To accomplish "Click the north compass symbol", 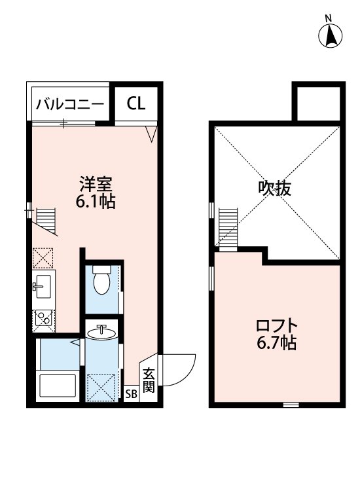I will [x=331, y=35].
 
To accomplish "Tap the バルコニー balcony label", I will [x=70, y=103].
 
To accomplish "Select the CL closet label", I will [x=136, y=103].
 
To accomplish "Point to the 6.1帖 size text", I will [x=94, y=201].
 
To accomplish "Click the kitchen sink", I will [x=43, y=285].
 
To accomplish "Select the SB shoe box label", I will [x=131, y=394].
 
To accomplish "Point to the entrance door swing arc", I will [x=181, y=371].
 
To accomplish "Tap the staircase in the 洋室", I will [x=46, y=220].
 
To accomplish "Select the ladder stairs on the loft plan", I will [x=228, y=228].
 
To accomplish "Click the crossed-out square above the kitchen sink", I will [x=43, y=258].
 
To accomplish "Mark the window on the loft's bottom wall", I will [x=291, y=405].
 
